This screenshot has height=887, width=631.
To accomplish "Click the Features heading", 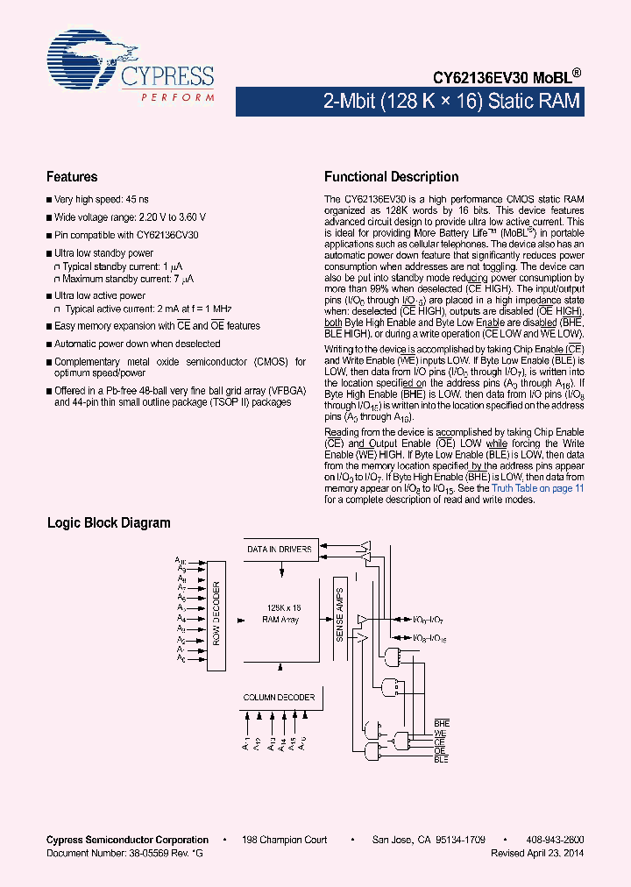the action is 72,177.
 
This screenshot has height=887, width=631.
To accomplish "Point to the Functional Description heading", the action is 391,177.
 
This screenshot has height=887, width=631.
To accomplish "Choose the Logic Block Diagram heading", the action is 108,523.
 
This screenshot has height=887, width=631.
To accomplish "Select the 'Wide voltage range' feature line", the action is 130,217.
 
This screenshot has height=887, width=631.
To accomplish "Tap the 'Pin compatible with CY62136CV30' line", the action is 126,235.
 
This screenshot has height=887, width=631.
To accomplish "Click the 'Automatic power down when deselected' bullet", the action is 137,344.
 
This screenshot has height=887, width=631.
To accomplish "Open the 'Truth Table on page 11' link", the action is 537,488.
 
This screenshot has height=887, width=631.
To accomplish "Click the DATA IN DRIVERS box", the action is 280,550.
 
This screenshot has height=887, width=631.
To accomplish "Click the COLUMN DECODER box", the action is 279,698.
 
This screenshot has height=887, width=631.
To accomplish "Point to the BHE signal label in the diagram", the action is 441,723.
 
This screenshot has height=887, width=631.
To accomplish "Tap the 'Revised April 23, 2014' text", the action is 537,853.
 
